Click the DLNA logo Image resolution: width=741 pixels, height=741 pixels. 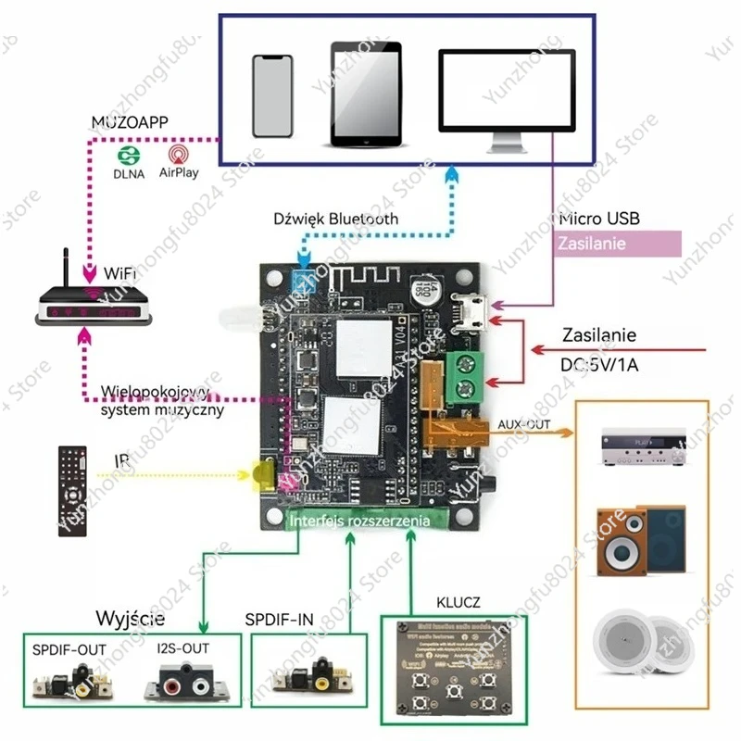point(129,160)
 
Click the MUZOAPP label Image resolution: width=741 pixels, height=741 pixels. point(129,123)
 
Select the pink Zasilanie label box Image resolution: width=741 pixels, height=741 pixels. point(618,244)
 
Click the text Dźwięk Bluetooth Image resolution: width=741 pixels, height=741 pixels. point(336,220)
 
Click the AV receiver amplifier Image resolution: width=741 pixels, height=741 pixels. point(643,449)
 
